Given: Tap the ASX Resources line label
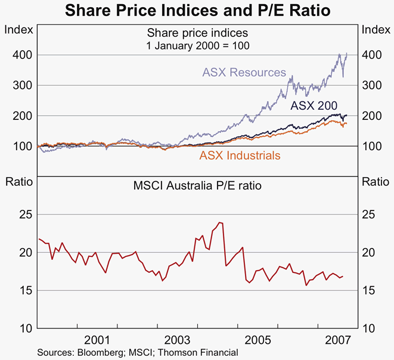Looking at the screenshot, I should (x=244, y=73).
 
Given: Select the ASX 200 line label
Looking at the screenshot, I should (x=314, y=106).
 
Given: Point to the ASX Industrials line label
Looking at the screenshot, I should (x=240, y=156).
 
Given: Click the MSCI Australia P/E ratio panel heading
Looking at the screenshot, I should (x=197, y=185).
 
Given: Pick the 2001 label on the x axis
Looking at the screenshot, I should (x=97, y=340).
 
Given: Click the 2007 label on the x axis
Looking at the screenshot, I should (x=338, y=340).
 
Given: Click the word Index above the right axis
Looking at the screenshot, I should (x=376, y=29).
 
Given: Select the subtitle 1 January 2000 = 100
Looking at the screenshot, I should (x=197, y=45).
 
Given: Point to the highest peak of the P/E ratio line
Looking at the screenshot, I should (x=221, y=222).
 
